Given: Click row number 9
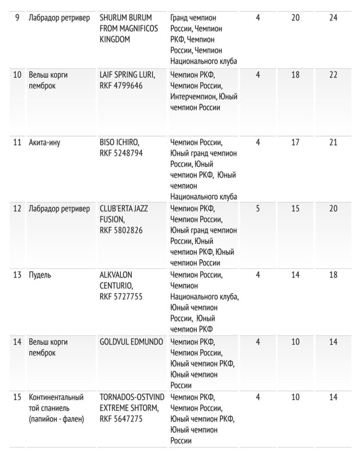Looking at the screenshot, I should [x=17, y=17].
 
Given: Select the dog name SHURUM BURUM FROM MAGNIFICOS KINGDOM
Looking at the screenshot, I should [x=132, y=28].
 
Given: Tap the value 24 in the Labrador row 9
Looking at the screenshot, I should [x=333, y=17].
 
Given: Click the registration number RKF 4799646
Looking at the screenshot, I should [x=121, y=85].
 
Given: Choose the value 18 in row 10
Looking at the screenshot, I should [x=296, y=74].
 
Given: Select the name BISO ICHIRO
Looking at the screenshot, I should [x=120, y=142].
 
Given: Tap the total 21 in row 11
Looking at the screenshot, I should [x=333, y=142].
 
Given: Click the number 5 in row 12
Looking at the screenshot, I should [x=258, y=208].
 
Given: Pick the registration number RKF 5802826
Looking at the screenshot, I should [x=121, y=230].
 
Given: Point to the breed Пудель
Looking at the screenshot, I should [x=40, y=275].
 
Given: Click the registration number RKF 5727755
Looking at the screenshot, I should [x=121, y=297].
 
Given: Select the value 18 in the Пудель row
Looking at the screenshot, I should [x=333, y=275].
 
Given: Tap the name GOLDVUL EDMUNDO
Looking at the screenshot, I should [x=131, y=341].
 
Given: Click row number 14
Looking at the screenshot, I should [x=17, y=341].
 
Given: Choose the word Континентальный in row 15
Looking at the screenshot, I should [x=56, y=397].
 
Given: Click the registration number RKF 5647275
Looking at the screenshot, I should [x=121, y=419].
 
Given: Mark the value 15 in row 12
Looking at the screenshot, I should [x=296, y=208].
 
